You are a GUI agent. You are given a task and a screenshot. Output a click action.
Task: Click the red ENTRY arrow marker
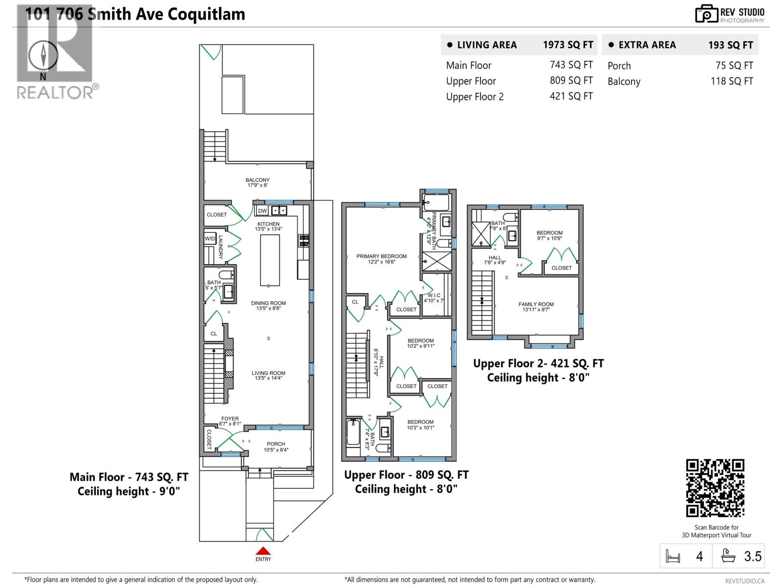263,551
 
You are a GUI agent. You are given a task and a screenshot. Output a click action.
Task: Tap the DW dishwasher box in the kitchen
262,211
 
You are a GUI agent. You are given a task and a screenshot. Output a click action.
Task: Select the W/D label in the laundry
210,239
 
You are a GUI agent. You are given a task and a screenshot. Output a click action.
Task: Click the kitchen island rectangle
270,260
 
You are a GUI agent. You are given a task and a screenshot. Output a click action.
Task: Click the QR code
715,488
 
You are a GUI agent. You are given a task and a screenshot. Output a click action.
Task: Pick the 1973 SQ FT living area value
567,45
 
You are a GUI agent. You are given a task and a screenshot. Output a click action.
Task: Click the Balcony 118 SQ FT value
731,81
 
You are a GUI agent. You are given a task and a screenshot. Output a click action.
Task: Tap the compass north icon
43,55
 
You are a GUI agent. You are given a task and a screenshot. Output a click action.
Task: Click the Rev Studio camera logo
706,14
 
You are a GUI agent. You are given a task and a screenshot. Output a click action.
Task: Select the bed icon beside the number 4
673,556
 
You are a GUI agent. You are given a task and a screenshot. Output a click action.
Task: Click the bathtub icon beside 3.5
728,556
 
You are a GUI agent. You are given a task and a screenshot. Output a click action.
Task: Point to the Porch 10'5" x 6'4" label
276,447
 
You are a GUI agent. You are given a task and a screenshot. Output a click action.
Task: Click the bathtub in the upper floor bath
353,432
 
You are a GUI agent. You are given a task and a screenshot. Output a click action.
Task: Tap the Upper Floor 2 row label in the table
475,97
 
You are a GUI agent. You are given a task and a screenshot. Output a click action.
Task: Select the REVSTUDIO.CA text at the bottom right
744,581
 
